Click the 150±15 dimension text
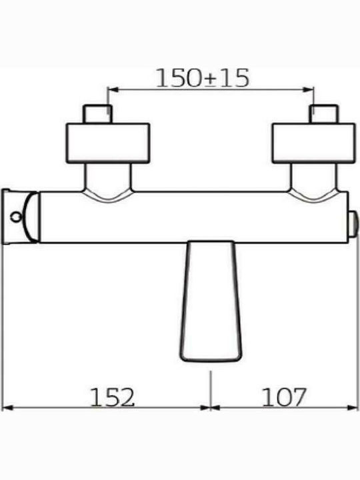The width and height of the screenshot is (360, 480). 203,78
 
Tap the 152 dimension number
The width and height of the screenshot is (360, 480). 113,397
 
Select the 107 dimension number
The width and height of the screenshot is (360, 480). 284,397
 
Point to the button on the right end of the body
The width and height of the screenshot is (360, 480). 353,223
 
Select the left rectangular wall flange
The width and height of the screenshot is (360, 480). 108,143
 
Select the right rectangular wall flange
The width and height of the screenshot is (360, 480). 314,143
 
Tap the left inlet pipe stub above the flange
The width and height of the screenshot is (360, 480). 97,114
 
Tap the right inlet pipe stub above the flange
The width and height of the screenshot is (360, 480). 324,114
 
